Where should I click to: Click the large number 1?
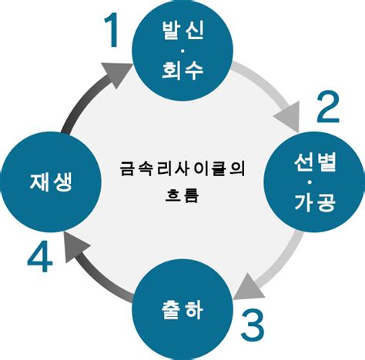click(113, 31)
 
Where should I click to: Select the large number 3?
click(253, 325)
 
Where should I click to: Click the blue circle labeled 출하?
click(183, 312)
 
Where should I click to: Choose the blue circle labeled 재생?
click(52, 182)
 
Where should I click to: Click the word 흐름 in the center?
click(182, 194)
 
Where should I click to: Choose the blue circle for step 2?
click(314, 183)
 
